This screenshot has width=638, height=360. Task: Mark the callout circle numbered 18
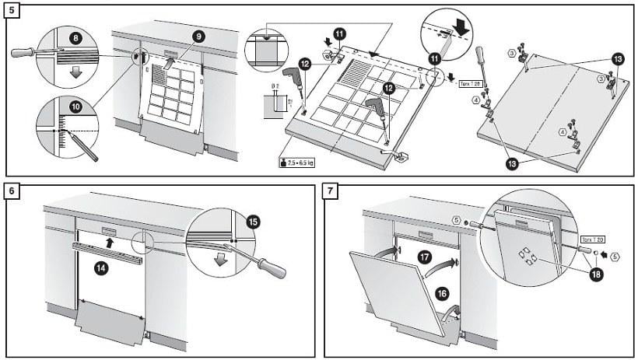(598, 274)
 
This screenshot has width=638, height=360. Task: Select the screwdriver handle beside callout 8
(23, 52)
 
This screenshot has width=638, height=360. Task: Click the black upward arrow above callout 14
(107, 242)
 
